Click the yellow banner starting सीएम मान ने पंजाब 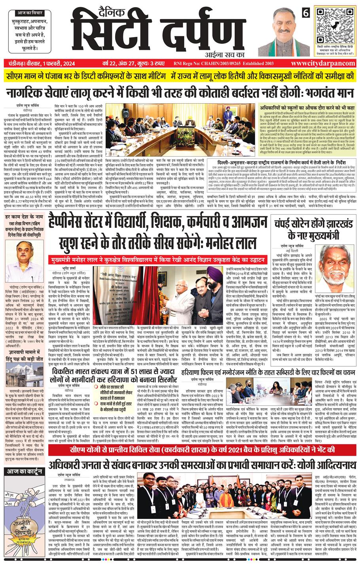tap(180, 76)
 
